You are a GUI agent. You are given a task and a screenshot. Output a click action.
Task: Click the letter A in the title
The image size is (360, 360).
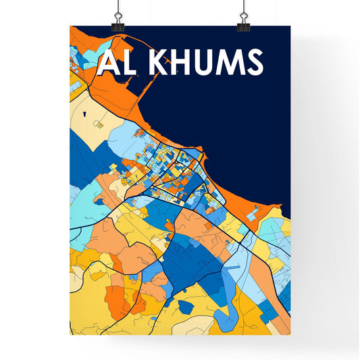[107, 63]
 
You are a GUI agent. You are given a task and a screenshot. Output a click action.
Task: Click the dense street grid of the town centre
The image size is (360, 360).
[169, 162]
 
